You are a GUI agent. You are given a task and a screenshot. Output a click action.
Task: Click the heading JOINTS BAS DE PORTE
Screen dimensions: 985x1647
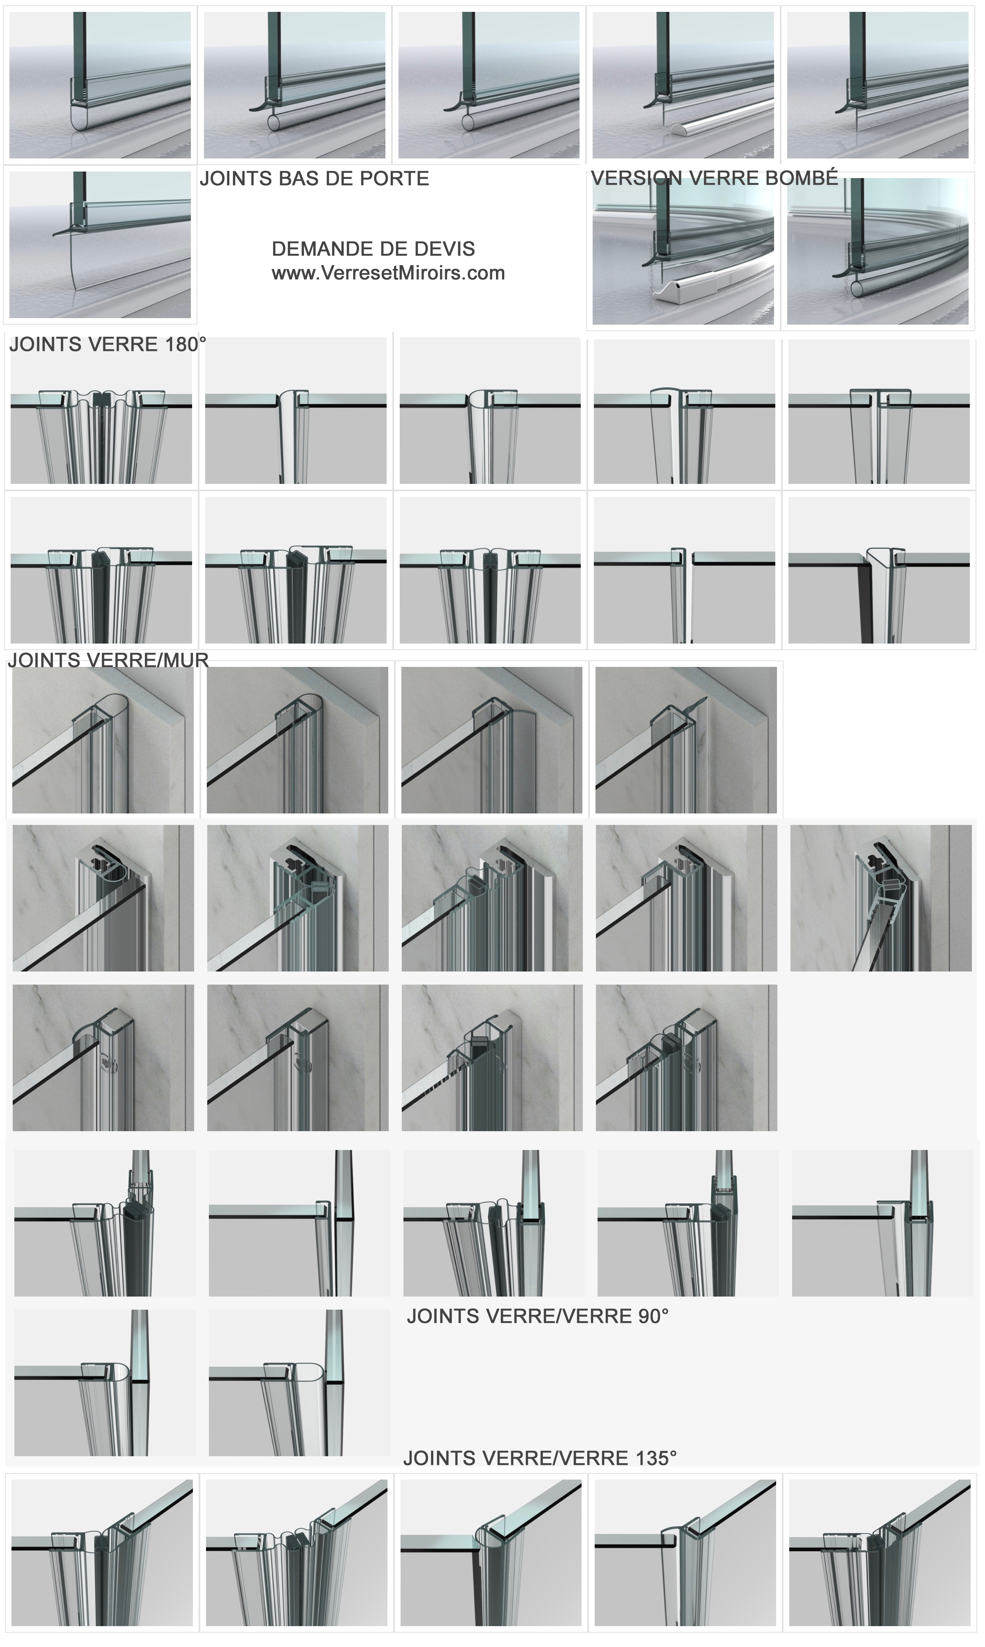(315, 178)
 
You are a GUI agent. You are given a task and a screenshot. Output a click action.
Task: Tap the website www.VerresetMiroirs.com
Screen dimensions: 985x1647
(388, 273)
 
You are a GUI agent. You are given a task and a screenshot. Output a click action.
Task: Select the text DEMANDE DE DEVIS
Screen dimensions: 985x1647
(373, 249)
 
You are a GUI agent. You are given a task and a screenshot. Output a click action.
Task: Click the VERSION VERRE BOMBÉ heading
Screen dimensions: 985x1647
(714, 178)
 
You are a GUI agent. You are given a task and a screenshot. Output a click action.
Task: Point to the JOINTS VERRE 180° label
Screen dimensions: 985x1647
(108, 344)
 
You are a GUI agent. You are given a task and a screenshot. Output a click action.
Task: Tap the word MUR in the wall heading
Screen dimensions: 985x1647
(188, 660)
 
